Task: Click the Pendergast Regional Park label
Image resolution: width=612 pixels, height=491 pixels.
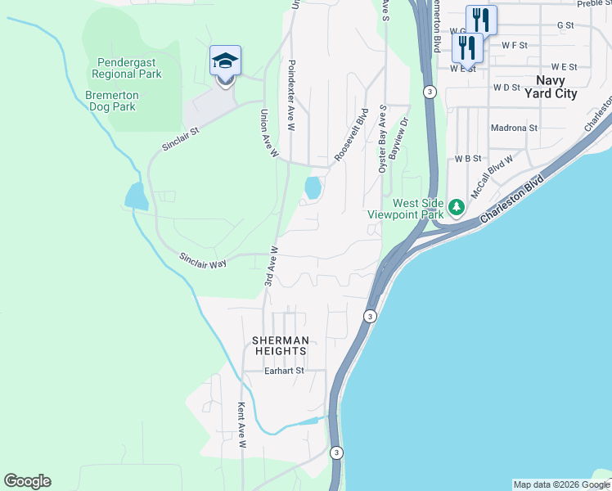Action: pos(129,68)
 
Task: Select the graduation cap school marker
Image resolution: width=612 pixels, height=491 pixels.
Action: pos(225,61)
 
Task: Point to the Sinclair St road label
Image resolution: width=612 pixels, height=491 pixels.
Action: pos(180,133)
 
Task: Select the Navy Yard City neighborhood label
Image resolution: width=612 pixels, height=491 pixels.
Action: pos(556,87)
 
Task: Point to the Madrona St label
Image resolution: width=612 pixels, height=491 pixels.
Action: pos(514,128)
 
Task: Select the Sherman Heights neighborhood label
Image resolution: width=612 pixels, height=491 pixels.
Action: pos(281,345)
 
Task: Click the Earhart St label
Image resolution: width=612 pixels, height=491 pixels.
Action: pos(284,371)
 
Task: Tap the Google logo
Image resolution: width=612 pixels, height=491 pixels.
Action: pos(27,481)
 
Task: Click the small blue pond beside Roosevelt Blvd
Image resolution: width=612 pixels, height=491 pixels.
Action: pos(313,188)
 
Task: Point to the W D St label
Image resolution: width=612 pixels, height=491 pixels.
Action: pos(506,87)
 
